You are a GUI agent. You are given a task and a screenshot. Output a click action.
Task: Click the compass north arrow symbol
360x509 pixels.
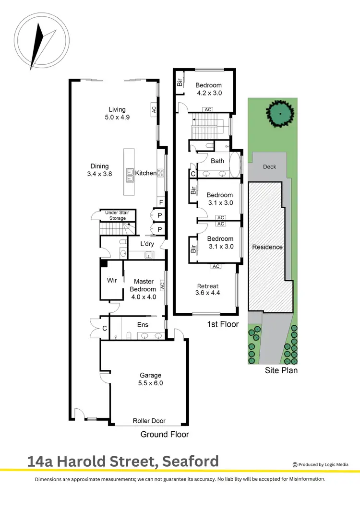[x=37, y=46]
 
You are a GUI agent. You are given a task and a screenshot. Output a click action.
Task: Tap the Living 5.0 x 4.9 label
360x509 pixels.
[x=117, y=113]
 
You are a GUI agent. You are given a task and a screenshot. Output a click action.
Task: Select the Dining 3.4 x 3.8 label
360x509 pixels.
[x=99, y=170]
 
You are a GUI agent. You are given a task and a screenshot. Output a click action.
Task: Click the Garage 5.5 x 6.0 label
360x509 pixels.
[x=151, y=379]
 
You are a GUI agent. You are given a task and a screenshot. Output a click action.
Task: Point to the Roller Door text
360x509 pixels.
[x=149, y=421]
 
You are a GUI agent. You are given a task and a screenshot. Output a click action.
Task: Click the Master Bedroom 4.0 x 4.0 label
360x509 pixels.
[x=143, y=285]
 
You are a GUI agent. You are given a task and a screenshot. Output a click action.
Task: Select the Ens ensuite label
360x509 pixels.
[x=143, y=325]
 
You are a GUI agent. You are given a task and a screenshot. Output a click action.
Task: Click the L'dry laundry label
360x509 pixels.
[x=146, y=244]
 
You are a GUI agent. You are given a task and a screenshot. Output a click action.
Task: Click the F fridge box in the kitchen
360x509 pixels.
[x=161, y=202]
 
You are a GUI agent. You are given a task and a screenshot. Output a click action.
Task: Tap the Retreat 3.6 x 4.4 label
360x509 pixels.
[x=207, y=289]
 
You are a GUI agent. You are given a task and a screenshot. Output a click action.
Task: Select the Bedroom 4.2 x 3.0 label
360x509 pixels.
[x=208, y=90]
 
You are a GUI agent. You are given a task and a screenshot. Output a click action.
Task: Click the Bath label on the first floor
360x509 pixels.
[x=217, y=161]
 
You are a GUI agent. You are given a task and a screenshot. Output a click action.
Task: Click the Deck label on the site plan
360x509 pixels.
[x=270, y=167]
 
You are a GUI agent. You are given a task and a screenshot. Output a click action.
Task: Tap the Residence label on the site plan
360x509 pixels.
[x=267, y=247]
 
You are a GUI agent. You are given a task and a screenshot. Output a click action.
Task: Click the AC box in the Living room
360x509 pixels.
[x=154, y=109]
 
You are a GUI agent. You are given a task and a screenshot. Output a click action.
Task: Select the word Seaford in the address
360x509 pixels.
[x=191, y=462]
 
